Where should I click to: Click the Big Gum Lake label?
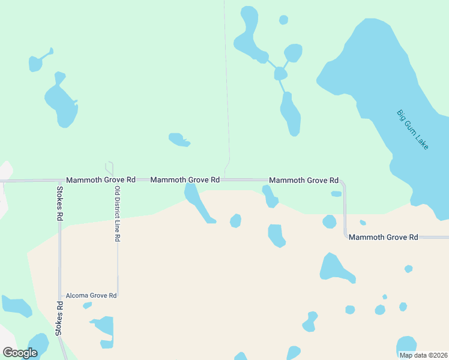(413, 129)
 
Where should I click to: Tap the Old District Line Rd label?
(118, 214)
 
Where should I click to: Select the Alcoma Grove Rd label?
(91, 295)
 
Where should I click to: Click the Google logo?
(20, 352)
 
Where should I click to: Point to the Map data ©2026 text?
(423, 355)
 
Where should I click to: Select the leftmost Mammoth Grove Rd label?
(101, 180)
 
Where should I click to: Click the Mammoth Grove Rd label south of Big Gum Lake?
(383, 238)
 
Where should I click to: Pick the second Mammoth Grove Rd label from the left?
(185, 180)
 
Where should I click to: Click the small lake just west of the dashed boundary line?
(179, 140)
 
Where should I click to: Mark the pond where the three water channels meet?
(280, 74)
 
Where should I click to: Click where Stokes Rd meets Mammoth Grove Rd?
(59, 180)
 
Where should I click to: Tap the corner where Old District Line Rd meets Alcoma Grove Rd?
(118, 295)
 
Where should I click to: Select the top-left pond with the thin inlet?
(36, 62)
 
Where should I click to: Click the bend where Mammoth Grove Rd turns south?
(343, 181)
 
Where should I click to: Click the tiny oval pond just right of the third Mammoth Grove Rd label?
(336, 194)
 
